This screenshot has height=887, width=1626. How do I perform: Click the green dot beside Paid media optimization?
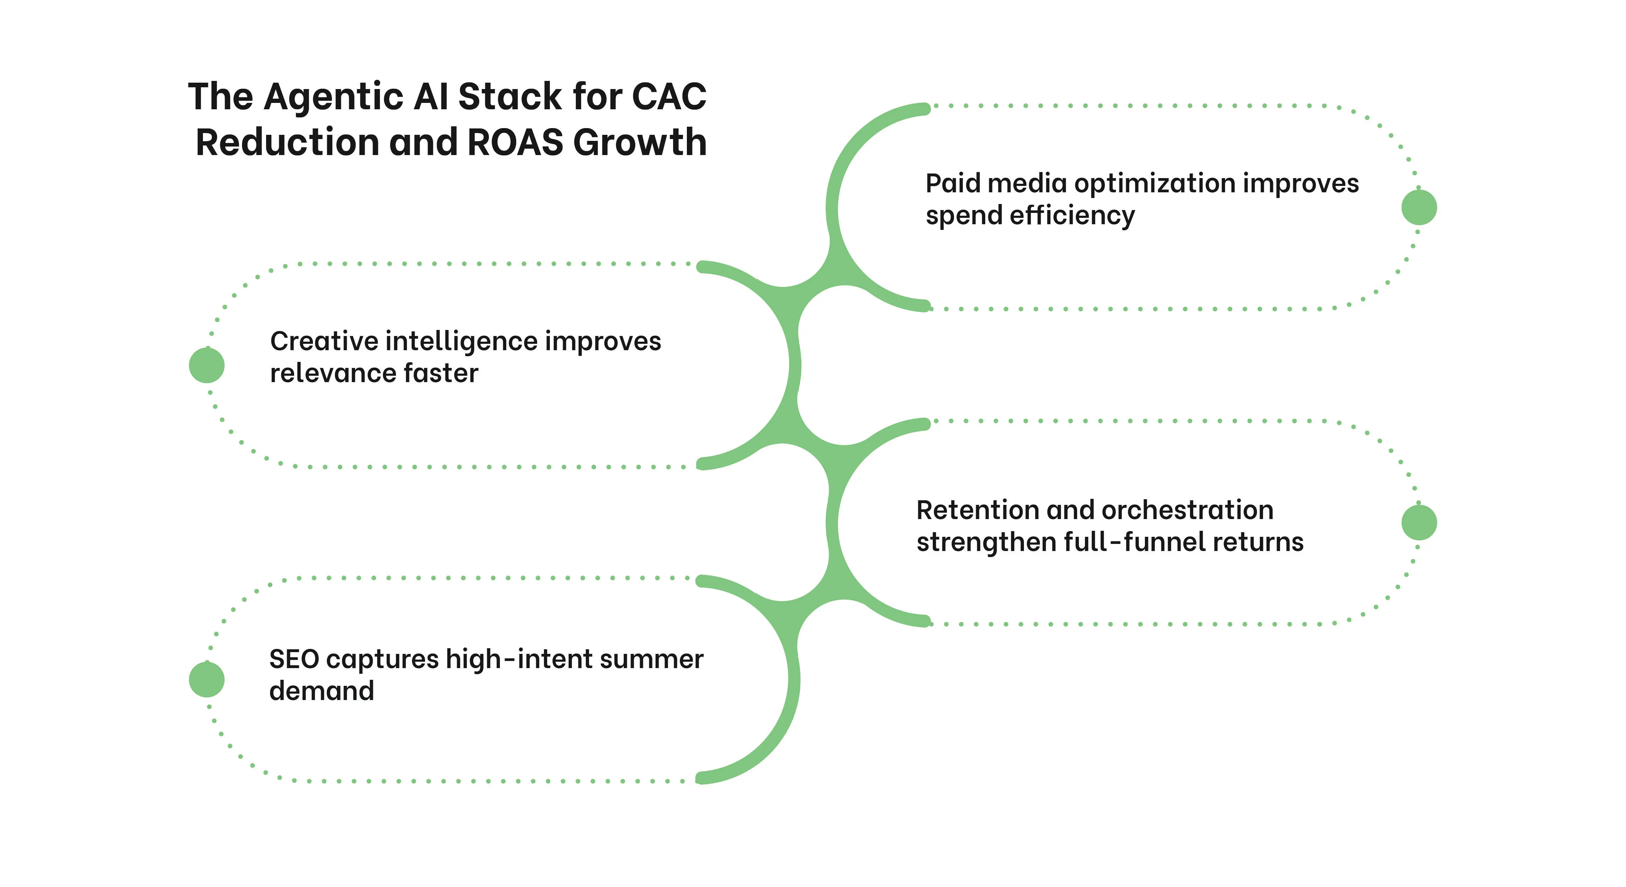pos(1419,207)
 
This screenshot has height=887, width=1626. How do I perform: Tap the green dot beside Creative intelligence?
pos(206,365)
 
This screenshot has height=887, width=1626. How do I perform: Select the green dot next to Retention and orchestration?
pos(1419,522)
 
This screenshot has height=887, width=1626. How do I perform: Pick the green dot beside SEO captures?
pos(206,679)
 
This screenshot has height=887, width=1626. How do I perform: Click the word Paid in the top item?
pos(953,184)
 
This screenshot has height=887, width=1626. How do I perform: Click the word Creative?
pos(324,342)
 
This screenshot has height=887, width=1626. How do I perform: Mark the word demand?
pos(321,691)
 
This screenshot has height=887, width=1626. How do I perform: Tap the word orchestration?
pos(1187,510)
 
